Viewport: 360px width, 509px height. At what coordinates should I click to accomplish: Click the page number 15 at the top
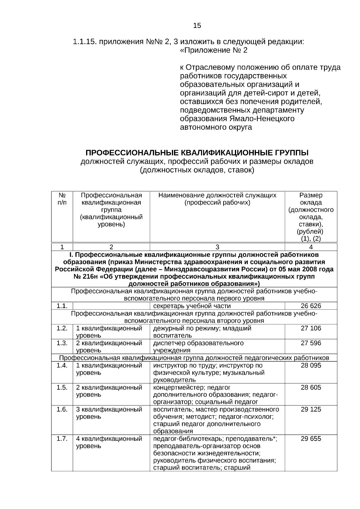coord(197,25)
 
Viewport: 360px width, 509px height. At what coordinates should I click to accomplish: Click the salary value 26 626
coord(311,306)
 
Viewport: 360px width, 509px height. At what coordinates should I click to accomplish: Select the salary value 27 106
coord(311,328)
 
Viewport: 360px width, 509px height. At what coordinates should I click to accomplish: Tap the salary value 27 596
coord(311,343)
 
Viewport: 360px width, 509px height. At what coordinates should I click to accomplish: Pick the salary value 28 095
coord(311,365)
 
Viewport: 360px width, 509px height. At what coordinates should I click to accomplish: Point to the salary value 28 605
coord(311,387)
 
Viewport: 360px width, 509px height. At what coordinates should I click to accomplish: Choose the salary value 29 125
coord(311,409)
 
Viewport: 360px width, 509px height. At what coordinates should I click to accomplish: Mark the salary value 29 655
coord(311,439)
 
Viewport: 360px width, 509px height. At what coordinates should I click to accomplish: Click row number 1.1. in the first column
coord(62,306)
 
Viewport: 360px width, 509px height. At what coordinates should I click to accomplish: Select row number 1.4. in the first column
coord(62,365)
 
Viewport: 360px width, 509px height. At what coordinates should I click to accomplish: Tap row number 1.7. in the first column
coord(62,439)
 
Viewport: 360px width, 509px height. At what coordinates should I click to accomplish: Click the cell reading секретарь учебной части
coord(192,306)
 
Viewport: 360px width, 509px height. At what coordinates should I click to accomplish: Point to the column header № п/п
coord(62,199)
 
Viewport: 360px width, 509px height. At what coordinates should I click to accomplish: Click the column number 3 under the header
coord(217,247)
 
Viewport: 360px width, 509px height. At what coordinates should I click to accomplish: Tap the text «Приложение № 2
coord(214,50)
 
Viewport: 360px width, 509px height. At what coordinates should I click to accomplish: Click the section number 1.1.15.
coord(85,42)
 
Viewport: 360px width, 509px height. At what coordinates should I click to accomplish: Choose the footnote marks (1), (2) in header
coord(311,239)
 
